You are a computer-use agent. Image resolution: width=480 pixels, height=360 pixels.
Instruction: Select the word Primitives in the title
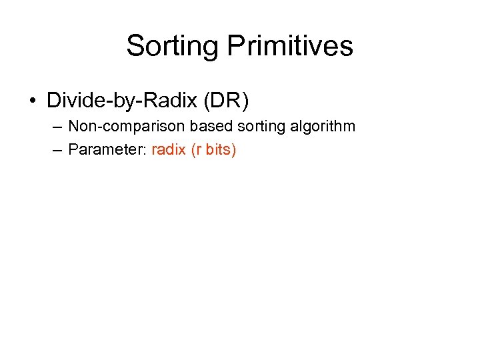pos(290,47)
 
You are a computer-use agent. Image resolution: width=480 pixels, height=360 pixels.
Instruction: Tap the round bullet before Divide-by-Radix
pos(33,101)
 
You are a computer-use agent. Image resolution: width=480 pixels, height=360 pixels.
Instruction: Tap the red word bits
pos(218,149)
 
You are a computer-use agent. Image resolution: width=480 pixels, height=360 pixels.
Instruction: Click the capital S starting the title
pos(135,47)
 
